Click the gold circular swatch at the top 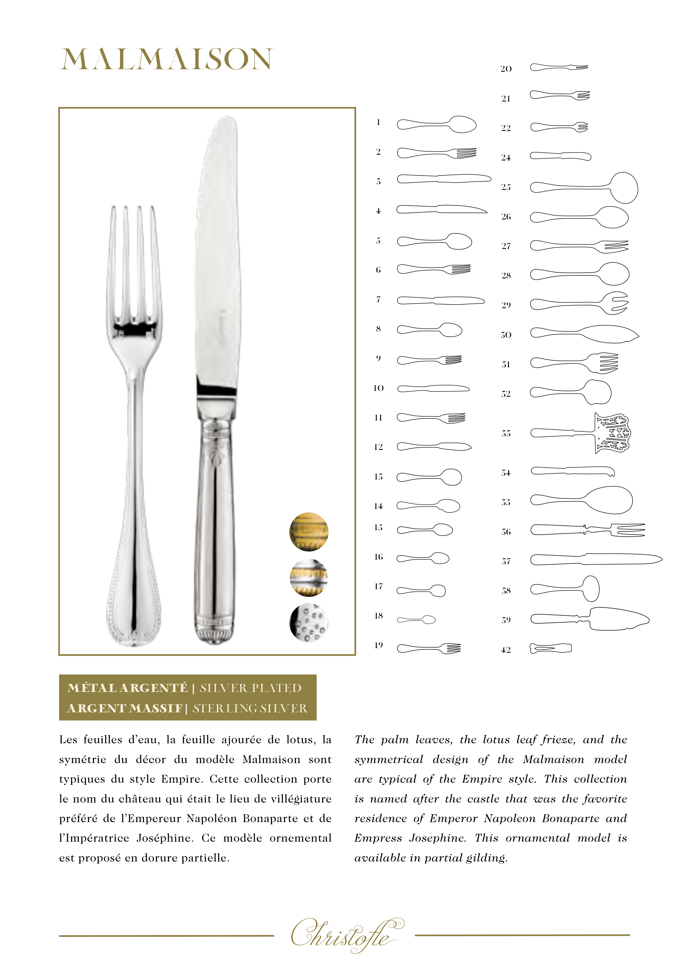(309, 532)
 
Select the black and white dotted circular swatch (309, 622)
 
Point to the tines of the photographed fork (133, 264)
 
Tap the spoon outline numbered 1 (436, 124)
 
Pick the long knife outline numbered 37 (596, 559)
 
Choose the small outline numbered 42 (551, 648)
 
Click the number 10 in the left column (378, 388)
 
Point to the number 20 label (506, 69)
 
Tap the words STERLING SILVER (250, 708)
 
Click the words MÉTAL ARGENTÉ (127, 688)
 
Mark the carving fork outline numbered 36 (588, 530)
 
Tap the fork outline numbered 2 (436, 153)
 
